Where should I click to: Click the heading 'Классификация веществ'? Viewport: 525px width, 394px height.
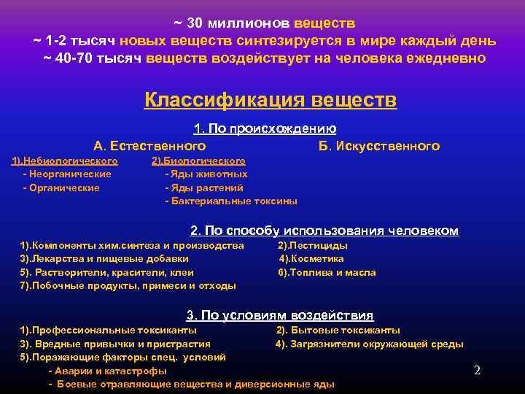271,99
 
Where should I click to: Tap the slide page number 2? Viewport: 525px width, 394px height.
477,370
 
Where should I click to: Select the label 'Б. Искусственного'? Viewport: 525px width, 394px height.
379,146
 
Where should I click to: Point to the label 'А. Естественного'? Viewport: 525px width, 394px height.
149,146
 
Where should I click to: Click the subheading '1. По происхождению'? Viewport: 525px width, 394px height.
265,129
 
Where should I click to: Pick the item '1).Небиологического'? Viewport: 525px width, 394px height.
65,161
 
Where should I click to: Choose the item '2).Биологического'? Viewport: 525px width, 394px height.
198,161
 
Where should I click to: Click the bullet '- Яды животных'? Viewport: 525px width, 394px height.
206,174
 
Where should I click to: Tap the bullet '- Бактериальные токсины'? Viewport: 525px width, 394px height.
231,201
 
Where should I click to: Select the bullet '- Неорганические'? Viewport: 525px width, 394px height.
67,174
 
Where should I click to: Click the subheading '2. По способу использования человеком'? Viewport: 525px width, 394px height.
324,231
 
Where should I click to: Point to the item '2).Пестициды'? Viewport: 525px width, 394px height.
313,246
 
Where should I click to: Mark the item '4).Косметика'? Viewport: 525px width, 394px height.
312,259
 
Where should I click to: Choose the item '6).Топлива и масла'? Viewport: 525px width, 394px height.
327,272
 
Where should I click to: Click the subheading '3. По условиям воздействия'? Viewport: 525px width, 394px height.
280,316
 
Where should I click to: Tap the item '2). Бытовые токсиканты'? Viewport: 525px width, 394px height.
338,331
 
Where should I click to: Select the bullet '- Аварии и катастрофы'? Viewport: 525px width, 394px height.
107,371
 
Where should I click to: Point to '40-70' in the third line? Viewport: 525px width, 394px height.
73,58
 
